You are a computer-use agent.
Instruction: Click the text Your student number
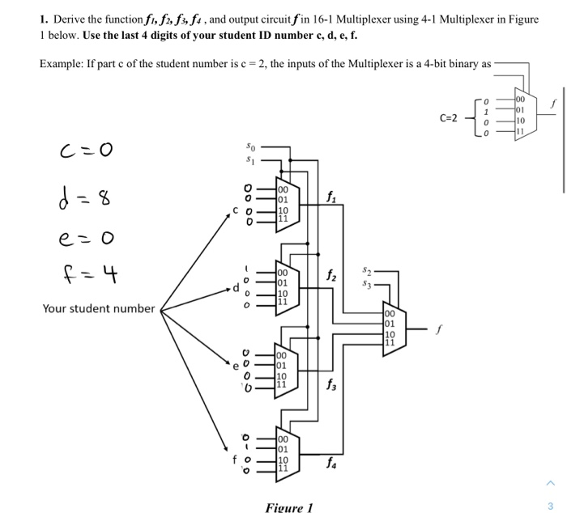(x=98, y=308)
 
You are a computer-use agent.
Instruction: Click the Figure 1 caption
(x=288, y=507)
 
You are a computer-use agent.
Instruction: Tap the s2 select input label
(x=367, y=267)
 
